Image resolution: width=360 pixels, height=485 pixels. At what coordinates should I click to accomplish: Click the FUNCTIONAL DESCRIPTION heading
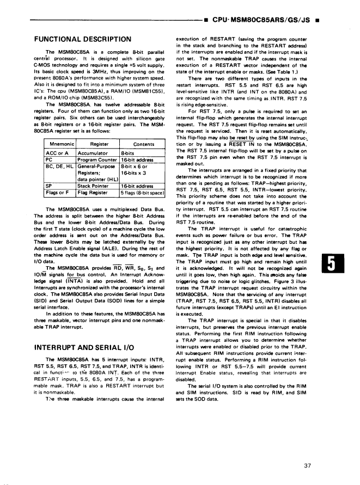click(x=82, y=39)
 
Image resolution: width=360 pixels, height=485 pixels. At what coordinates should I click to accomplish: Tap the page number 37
click(x=309, y=450)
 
